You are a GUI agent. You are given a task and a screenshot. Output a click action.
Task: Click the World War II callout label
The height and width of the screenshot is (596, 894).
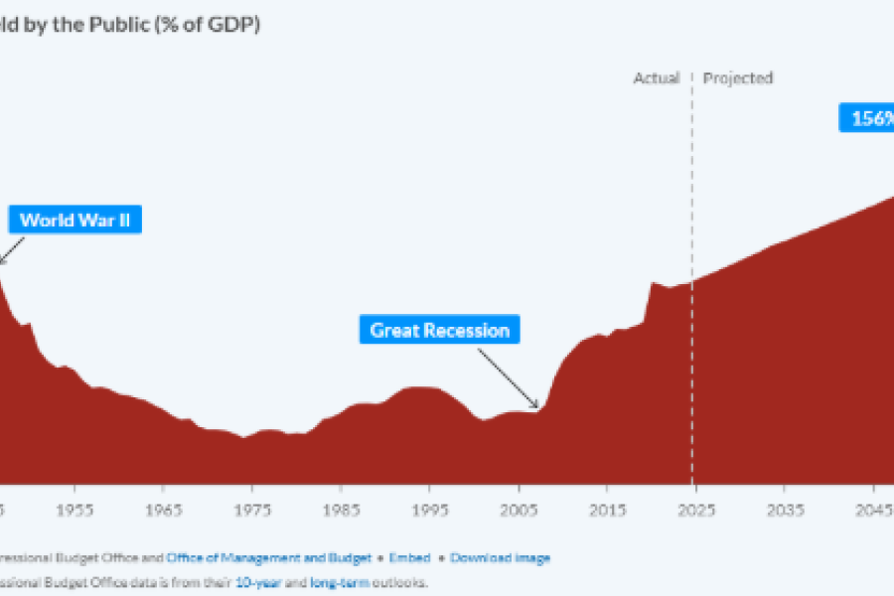coord(75,220)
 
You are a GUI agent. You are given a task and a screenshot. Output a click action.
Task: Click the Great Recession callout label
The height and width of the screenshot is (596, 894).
coord(439,330)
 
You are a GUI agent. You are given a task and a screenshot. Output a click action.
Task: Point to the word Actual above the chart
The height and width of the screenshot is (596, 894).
coord(657,77)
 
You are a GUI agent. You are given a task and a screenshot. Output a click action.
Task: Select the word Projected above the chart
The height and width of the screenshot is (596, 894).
coord(738,77)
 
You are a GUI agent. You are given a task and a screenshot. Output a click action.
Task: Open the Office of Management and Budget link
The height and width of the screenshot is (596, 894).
coord(268,558)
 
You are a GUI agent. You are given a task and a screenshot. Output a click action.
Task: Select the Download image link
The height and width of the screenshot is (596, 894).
coord(500,558)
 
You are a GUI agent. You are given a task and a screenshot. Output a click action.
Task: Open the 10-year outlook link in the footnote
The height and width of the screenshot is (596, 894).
coord(258,583)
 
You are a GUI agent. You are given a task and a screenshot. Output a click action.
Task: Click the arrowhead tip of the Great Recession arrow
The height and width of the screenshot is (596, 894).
coord(538,407)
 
